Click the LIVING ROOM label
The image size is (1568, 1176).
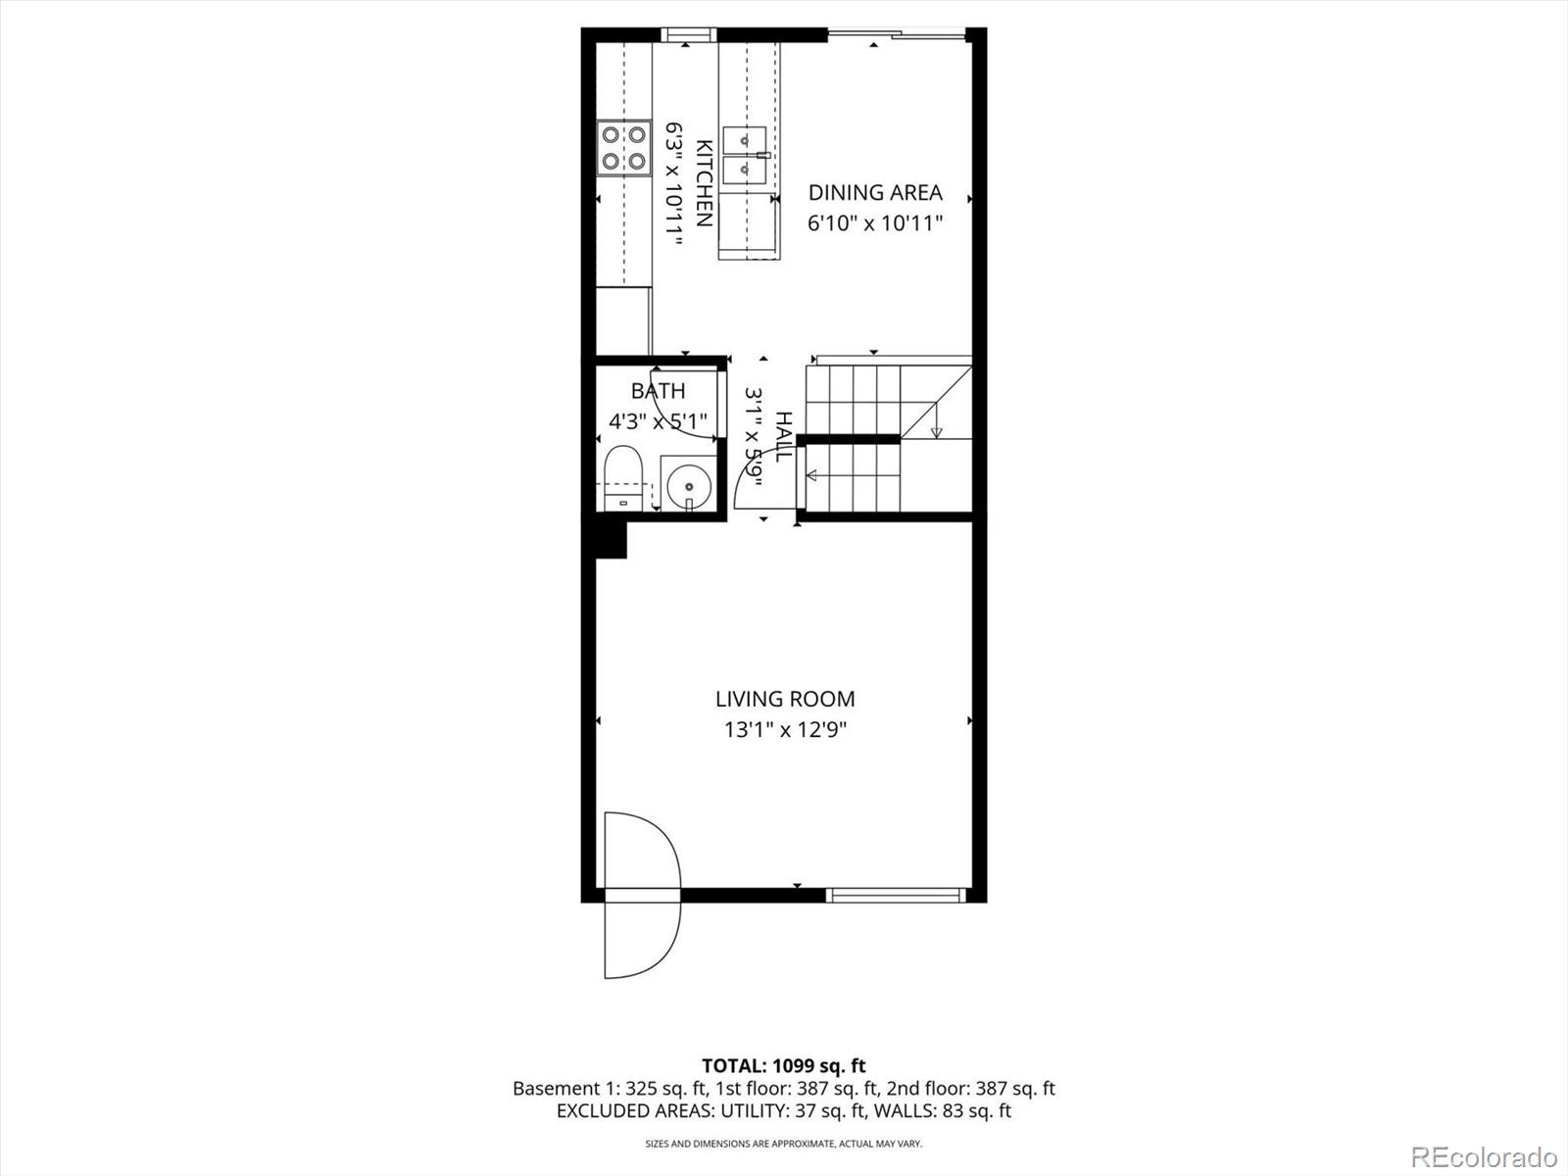point(784,699)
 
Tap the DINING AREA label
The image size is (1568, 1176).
point(874,193)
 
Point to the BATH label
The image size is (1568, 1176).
point(658,391)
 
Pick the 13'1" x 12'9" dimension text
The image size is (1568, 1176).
point(784,730)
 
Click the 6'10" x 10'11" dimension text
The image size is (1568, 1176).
point(874,223)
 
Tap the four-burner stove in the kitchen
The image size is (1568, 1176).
point(624,147)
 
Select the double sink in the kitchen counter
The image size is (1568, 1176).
point(747,156)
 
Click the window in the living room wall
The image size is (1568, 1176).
point(895,894)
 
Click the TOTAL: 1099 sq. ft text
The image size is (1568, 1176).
point(783,1065)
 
